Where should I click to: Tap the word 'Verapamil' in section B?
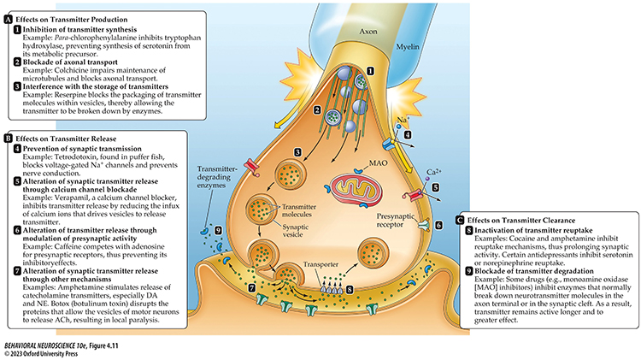point(77,194)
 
